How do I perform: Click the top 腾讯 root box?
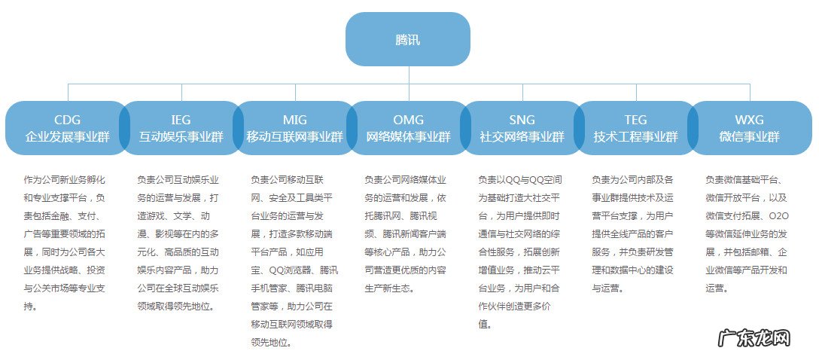click(408, 39)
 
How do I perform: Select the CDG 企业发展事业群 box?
click(67, 128)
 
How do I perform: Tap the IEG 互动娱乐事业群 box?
click(181, 128)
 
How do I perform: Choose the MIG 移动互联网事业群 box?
click(294, 128)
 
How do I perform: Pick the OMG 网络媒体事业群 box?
click(408, 128)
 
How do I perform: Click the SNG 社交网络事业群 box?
click(522, 128)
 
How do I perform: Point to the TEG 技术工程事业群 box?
click(635, 128)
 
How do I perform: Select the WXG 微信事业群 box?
click(749, 128)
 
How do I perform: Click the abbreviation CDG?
click(67, 120)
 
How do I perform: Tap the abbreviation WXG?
click(749, 120)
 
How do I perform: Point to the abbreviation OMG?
click(408, 120)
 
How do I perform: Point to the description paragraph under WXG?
click(747, 233)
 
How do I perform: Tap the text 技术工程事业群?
click(635, 137)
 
